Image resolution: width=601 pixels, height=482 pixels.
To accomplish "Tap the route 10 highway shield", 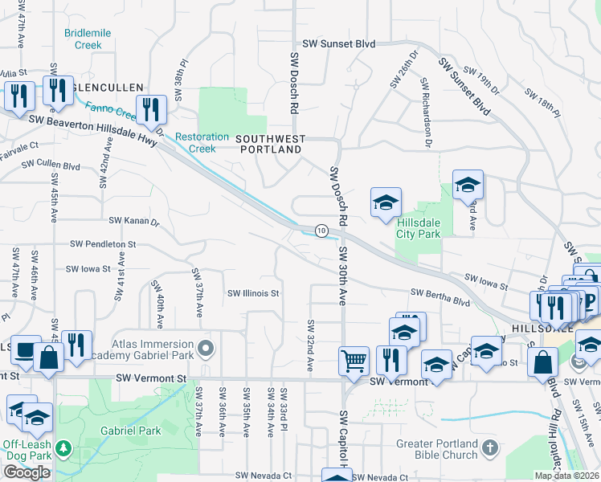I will tap(321, 231).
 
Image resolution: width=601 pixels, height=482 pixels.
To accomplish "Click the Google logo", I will tap(27, 472).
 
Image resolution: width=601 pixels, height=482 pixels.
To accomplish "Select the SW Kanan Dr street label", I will tap(134, 220).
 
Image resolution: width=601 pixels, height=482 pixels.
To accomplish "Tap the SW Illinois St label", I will tap(253, 293).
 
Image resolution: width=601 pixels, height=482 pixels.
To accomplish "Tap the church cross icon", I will tap(491, 444).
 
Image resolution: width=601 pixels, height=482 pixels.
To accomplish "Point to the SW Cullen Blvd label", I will tap(51, 165).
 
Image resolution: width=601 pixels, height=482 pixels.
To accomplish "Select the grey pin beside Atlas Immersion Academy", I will tap(206, 349).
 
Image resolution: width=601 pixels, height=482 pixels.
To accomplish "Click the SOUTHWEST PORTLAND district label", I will tap(270, 145).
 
